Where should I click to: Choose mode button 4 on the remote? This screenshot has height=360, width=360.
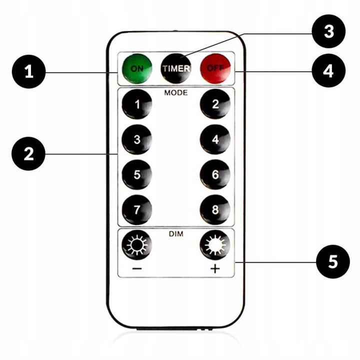215,140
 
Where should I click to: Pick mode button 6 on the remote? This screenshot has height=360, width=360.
215,175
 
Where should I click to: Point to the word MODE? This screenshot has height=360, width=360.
176,93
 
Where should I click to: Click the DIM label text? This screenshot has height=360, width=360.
176,234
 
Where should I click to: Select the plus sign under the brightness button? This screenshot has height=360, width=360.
215,269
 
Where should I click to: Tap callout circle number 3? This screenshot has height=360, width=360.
328,31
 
